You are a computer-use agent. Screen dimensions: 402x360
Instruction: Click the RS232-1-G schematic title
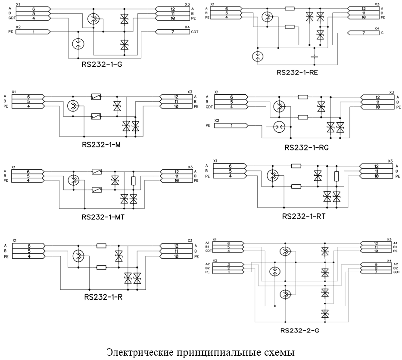(102, 64)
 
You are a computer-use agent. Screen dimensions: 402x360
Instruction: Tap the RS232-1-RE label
(297, 72)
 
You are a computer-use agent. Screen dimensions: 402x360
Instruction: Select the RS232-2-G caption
(300, 331)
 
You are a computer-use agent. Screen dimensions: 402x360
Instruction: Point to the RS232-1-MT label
(103, 217)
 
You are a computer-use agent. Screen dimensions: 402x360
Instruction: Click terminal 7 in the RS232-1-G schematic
(173, 32)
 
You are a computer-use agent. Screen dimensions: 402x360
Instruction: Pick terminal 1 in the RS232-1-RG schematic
(231, 126)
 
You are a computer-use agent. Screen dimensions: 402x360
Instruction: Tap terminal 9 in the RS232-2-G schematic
(376, 264)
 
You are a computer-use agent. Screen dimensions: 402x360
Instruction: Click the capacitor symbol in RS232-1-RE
(314, 56)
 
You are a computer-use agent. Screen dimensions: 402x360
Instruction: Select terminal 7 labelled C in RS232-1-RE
(364, 33)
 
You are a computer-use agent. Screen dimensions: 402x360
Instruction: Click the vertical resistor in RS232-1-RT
(337, 176)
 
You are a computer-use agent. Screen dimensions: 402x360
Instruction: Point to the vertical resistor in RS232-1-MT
(133, 180)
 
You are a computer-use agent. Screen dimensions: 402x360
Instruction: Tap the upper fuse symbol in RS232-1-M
(96, 96)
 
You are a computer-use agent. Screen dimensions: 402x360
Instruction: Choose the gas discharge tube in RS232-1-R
(78, 255)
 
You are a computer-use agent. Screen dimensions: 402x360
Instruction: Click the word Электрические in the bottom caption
(140, 352)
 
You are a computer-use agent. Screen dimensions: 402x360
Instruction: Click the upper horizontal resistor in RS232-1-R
(101, 246)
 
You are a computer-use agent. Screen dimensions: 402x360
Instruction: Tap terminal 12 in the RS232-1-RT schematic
(376, 166)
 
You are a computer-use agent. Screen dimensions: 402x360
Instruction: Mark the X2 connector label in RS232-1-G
(18, 27)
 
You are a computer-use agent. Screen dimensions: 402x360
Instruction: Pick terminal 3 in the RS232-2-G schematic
(228, 264)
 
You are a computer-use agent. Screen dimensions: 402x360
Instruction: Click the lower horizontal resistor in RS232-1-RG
(303, 117)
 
